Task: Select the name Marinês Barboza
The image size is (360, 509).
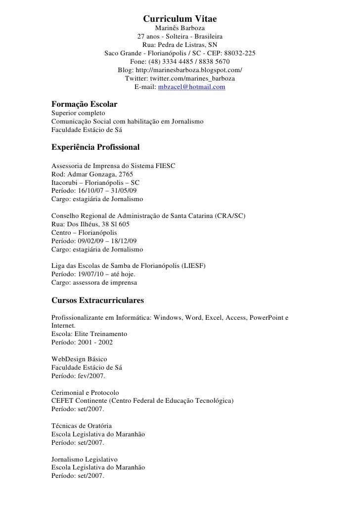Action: [180, 28]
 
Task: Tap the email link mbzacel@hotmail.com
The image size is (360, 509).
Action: [191, 87]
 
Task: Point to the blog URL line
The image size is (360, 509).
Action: [180, 70]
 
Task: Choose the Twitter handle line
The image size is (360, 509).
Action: [180, 79]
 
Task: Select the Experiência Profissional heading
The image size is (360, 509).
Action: [96, 147]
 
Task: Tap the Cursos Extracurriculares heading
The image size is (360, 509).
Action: [97, 300]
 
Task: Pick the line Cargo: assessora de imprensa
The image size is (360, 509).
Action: [94, 283]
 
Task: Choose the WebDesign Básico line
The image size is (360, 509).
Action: [79, 359]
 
